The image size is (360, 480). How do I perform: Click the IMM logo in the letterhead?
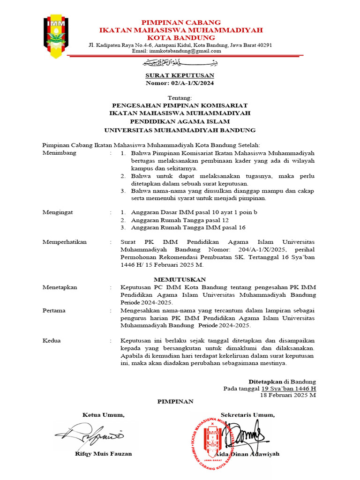(x=56, y=37)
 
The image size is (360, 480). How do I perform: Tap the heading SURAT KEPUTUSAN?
(x=180, y=75)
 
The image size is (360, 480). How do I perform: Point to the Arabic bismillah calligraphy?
(x=180, y=63)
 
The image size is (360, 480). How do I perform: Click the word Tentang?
(x=180, y=97)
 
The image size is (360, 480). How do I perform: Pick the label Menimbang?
(x=59, y=153)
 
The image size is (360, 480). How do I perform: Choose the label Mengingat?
(x=58, y=212)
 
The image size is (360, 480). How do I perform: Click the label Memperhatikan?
(x=65, y=242)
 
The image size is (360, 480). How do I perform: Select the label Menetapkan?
(x=60, y=287)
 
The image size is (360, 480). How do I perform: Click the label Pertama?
(x=54, y=310)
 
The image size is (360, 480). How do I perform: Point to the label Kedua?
(x=51, y=340)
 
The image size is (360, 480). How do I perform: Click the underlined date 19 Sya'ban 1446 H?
(x=289, y=389)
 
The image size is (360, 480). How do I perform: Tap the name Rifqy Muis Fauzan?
(x=103, y=454)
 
